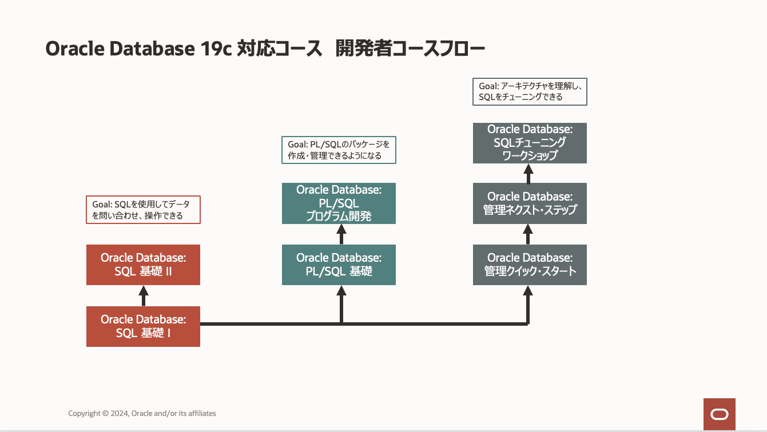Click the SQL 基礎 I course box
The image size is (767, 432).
143,326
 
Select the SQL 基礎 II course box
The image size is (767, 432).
143,265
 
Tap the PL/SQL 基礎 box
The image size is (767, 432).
339,265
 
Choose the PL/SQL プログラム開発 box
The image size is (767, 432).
339,203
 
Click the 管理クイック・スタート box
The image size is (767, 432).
530,265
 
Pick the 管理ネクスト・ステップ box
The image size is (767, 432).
530,203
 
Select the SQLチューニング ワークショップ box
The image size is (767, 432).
530,143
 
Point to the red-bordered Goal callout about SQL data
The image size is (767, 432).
143,210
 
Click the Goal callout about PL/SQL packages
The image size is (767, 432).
339,150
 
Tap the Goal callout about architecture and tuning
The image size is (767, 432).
530,91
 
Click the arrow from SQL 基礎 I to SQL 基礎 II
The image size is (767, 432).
144,295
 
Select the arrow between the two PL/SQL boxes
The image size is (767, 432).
341,234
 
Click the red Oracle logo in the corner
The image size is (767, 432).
719,414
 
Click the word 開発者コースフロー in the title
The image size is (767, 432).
410,49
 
